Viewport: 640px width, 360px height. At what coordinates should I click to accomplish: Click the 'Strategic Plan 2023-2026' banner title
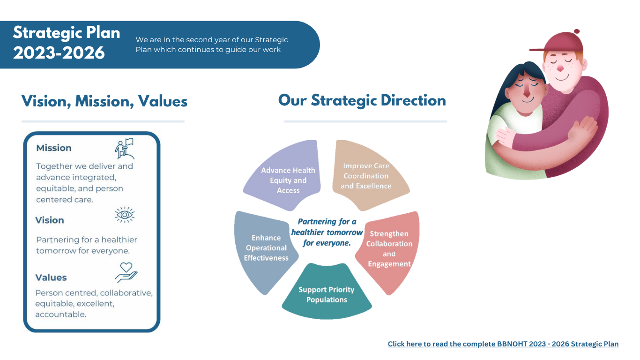pos(66,43)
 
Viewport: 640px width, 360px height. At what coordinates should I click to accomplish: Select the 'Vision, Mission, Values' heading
pos(104,101)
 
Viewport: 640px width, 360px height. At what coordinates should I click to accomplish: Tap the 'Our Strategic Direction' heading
pos(362,101)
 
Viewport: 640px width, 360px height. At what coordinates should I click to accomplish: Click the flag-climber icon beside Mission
pos(125,149)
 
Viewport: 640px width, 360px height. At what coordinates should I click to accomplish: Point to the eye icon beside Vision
pos(125,215)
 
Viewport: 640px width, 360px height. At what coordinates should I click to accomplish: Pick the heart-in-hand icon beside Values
pos(127,272)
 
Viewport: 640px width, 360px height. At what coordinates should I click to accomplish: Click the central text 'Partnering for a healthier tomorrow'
pos(327,227)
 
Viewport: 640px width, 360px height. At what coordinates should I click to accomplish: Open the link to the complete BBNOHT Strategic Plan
pos(503,344)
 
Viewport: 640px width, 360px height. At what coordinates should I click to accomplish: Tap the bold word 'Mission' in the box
pos(54,148)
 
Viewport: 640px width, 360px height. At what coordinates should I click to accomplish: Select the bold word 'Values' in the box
pos(51,277)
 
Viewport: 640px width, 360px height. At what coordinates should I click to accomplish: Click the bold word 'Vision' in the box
pos(49,220)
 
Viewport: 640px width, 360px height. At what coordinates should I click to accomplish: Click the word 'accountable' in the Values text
pos(60,314)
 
